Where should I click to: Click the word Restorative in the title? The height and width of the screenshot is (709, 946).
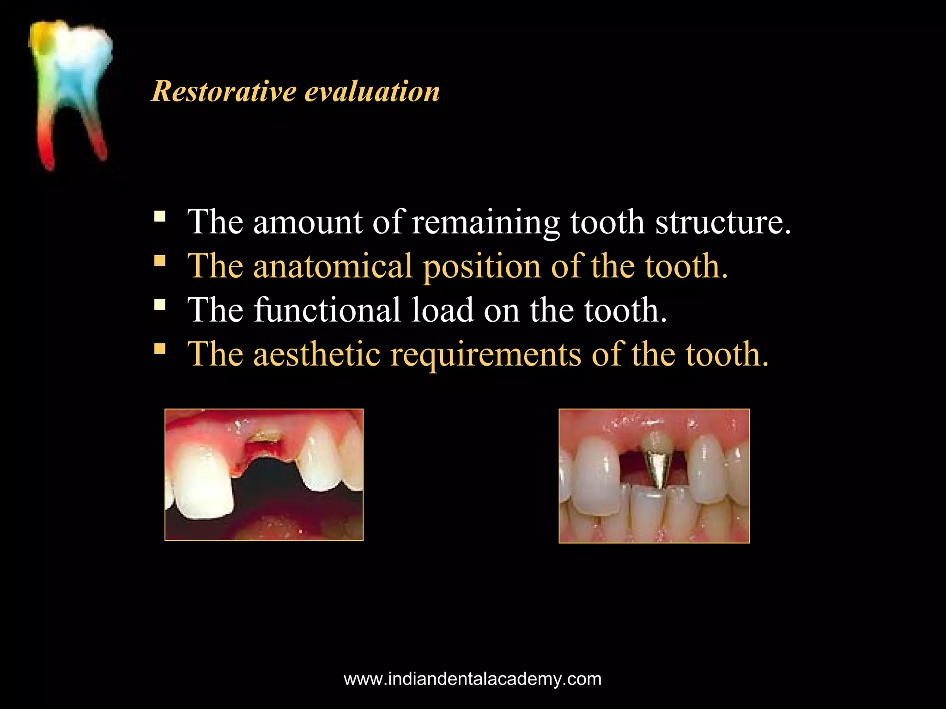224,91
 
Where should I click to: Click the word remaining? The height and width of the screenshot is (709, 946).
485,223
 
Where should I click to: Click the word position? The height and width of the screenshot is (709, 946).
482,267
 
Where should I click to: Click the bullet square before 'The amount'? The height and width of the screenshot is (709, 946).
160,216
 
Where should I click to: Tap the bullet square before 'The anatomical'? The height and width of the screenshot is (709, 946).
160,261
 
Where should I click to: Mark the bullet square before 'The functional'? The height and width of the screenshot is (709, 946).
160,305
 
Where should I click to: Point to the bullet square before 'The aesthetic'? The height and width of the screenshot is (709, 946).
160,348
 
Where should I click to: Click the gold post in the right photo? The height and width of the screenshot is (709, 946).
656,469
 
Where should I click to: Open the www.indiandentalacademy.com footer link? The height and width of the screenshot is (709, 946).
473,679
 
